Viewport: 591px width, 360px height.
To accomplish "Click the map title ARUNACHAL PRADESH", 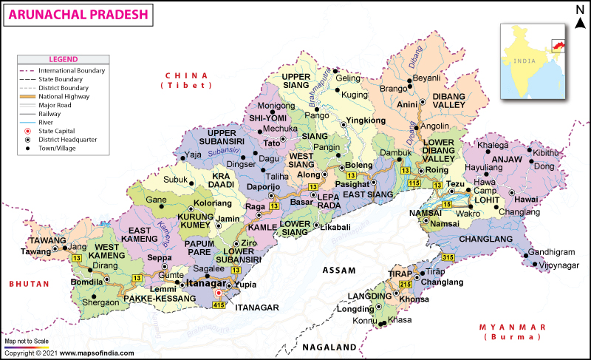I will coord(78,14).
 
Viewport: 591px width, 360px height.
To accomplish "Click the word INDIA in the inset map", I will coord(525,62).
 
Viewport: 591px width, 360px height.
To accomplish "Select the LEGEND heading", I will coord(64,58).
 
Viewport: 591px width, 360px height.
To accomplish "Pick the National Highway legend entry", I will coord(63,96).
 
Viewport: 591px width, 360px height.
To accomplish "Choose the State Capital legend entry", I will coord(58,131).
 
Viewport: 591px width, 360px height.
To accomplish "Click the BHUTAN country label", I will coord(30,284).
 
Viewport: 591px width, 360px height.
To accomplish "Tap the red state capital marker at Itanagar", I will coord(219,293).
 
